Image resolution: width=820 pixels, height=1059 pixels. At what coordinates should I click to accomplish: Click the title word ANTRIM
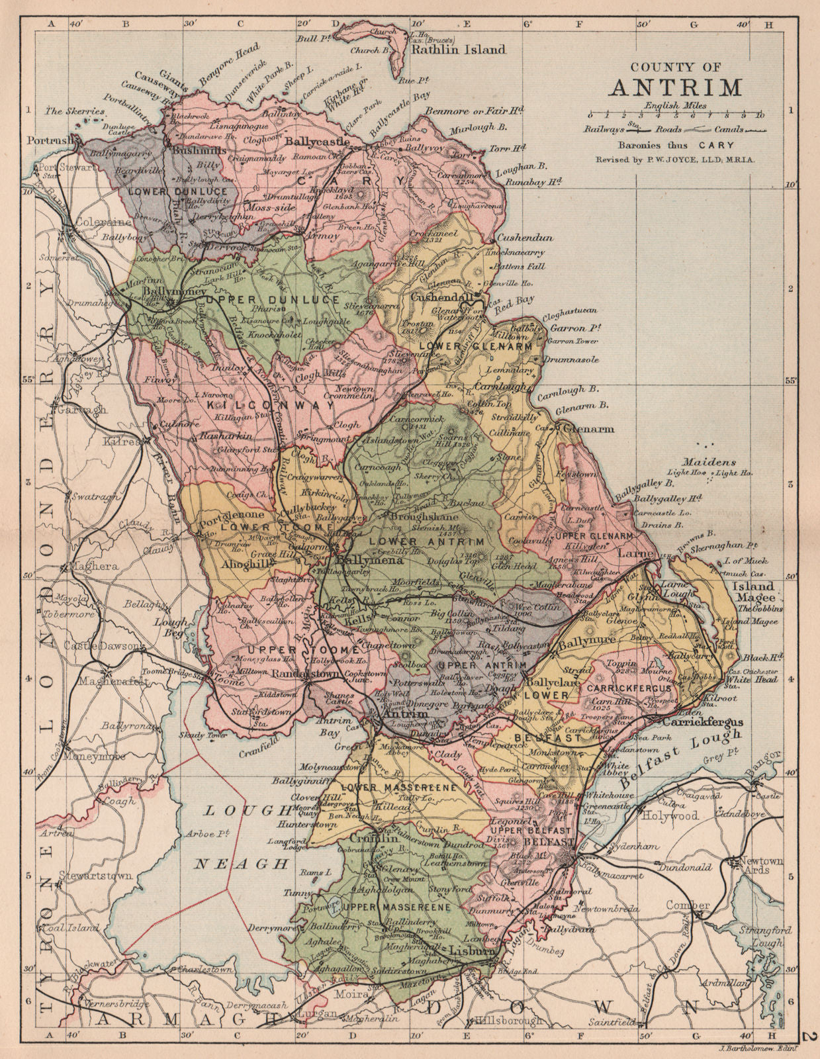tap(675, 87)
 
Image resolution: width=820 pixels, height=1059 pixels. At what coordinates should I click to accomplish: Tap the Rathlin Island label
tap(458, 49)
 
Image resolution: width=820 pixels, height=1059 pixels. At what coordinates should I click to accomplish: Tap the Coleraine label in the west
tap(97, 222)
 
